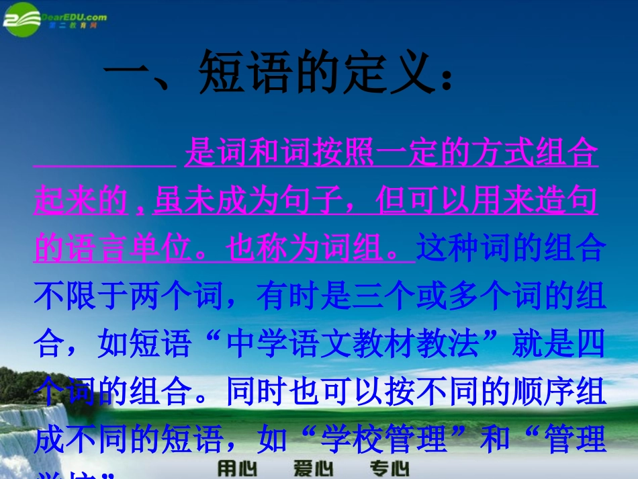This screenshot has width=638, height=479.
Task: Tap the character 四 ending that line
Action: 591,345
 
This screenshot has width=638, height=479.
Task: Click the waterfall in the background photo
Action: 27,430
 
